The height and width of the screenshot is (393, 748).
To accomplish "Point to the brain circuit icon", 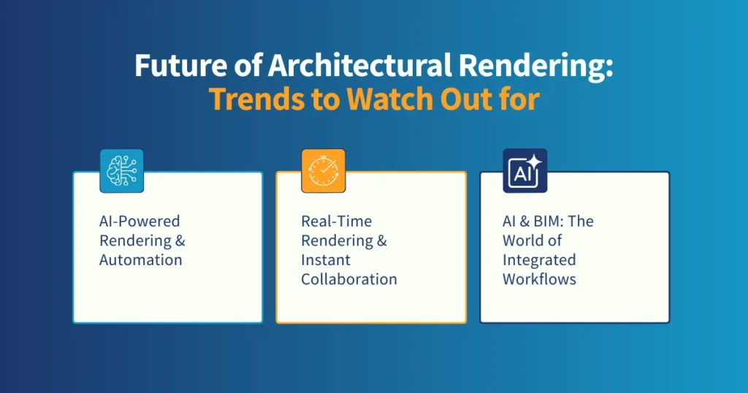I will (121, 171).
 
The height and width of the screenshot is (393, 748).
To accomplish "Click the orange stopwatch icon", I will (323, 171).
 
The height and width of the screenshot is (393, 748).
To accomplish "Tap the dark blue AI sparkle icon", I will (524, 171).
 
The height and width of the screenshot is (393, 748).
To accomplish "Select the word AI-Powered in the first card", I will (140, 221).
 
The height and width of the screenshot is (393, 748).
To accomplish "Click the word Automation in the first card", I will (141, 259).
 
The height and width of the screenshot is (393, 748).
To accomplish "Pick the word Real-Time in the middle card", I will (336, 221).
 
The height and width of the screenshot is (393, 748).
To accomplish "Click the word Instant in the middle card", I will (324, 259).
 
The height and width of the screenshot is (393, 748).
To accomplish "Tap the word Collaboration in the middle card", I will (349, 279).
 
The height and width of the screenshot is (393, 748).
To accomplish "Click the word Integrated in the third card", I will (539, 259).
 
